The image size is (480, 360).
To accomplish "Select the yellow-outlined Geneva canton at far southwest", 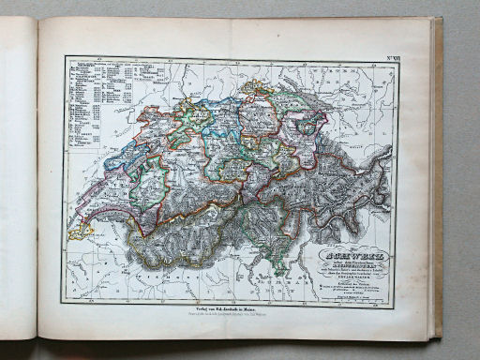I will point(77,232).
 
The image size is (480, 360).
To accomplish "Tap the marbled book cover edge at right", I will point(437,178).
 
